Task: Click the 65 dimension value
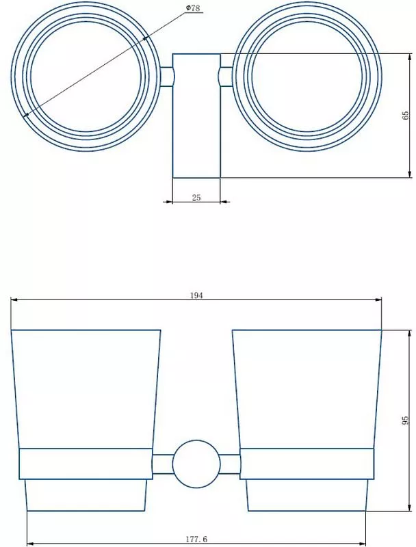(x=405, y=115)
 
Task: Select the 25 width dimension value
(x=196, y=197)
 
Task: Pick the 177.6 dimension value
(x=196, y=539)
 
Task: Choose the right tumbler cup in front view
(x=306, y=390)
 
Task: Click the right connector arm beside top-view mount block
(x=224, y=76)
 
